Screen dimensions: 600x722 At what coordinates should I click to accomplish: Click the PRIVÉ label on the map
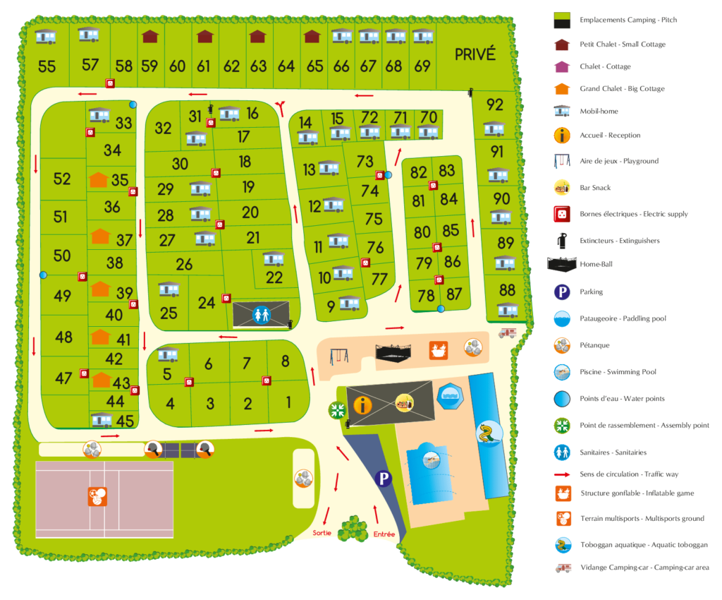point(475,54)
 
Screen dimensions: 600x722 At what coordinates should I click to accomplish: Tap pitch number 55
point(47,67)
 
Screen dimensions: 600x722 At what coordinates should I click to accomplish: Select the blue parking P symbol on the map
point(384,479)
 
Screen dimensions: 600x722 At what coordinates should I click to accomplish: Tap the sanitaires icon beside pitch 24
point(261,313)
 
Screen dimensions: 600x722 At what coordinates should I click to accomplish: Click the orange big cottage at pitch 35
point(99,180)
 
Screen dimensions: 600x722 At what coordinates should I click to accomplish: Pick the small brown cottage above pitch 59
point(149,37)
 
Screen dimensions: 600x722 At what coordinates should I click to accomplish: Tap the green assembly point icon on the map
point(337,409)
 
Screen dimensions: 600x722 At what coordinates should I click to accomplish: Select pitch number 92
point(495,105)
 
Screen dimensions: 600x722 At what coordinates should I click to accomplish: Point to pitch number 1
point(288,403)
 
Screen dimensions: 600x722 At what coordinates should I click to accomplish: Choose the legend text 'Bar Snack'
point(595,188)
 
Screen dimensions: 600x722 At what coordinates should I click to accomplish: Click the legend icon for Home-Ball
point(562,265)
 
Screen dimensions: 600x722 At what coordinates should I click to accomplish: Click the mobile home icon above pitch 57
point(88,34)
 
